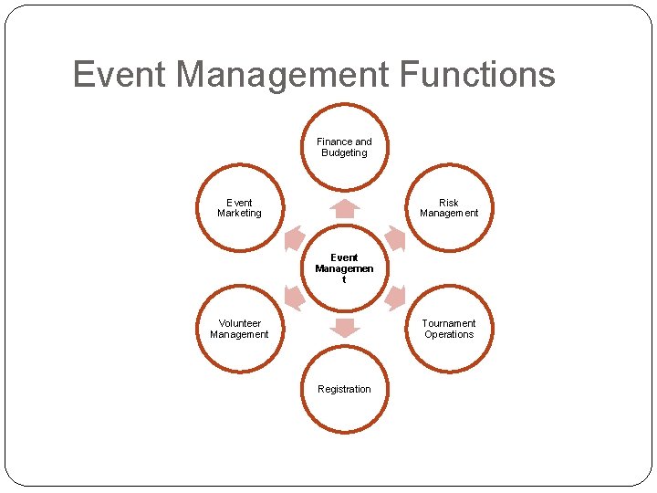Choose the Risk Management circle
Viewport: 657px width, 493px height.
[x=449, y=208]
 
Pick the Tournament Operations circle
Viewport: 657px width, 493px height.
[x=449, y=329]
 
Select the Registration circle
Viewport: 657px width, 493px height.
[x=344, y=390]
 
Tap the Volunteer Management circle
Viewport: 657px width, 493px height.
[x=239, y=329]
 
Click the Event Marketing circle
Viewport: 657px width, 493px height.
[x=239, y=208]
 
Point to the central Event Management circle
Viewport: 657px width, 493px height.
[x=344, y=268]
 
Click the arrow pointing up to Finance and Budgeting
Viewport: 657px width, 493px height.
[x=344, y=208]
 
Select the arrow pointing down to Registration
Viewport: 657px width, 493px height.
[x=344, y=328]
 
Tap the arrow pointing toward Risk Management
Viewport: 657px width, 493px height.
[x=394, y=238]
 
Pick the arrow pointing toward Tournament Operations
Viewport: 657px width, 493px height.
[x=394, y=298]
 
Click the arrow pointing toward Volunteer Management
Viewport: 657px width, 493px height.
[x=294, y=298]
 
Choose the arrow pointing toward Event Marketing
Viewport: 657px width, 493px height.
[x=294, y=238]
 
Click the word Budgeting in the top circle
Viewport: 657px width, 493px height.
[x=344, y=152]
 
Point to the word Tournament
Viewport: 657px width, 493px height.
[x=449, y=323]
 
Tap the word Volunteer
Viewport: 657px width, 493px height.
[x=239, y=323]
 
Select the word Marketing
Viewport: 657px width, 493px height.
[x=239, y=214]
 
